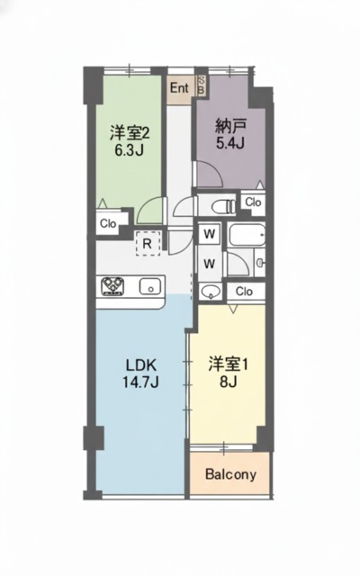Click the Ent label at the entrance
[179, 87]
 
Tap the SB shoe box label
[201, 87]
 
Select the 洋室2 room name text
[129, 132]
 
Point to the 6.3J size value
[129, 150]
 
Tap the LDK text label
[141, 366]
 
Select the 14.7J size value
[141, 384]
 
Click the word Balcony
[231, 474]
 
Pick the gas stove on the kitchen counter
[113, 288]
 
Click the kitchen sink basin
[150, 288]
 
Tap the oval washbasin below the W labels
[211, 290]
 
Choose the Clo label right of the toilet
[253, 202]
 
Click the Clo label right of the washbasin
[244, 291]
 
